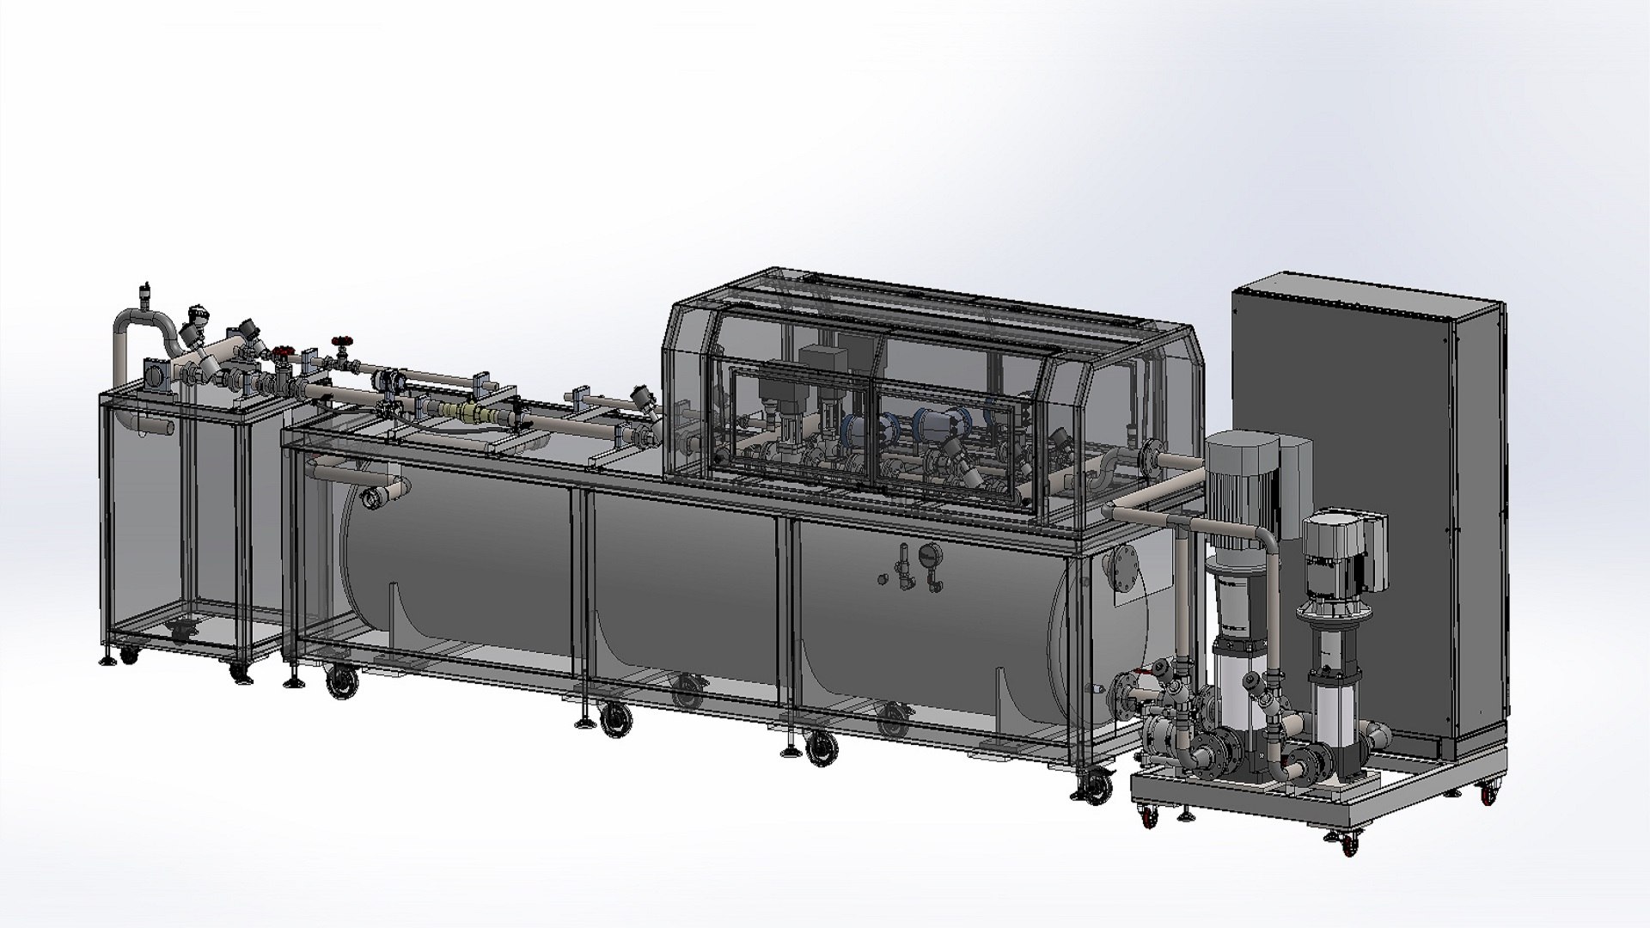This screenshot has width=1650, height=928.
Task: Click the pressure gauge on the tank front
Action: pyautogui.click(x=927, y=555)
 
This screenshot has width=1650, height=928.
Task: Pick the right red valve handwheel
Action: pyautogui.click(x=343, y=340)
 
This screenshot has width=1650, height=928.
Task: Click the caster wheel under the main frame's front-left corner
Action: pyautogui.click(x=342, y=683)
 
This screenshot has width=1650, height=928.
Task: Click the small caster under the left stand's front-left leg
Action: pyautogui.click(x=128, y=656)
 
